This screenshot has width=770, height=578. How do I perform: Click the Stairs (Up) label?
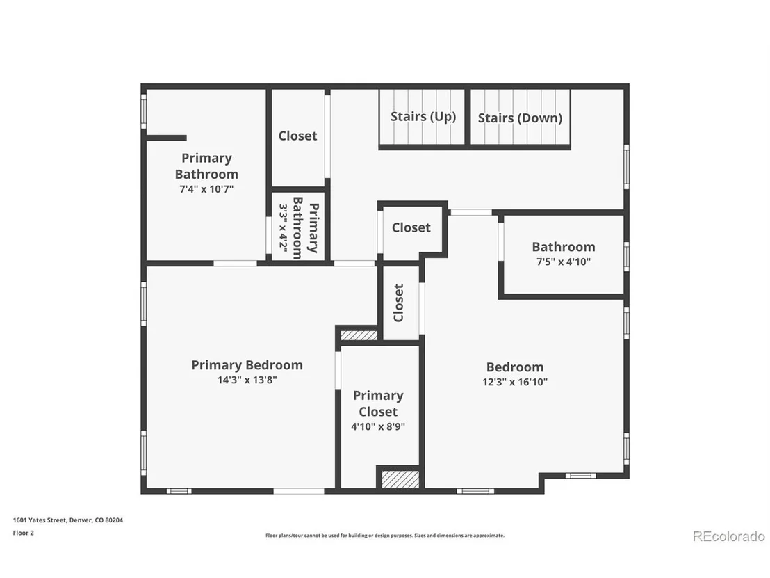tap(423, 117)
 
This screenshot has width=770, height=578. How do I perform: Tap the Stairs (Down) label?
tap(520, 118)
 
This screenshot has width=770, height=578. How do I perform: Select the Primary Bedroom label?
tap(247, 365)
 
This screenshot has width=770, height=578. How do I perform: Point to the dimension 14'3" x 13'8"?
tap(247, 380)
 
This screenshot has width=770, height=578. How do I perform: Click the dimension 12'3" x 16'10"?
tap(515, 382)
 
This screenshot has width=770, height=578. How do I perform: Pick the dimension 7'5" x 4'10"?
tap(564, 262)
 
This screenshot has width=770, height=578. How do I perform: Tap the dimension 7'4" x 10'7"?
tap(206, 188)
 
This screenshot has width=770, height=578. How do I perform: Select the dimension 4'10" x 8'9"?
tap(378, 426)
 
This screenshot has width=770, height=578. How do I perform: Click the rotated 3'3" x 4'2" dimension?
tap(284, 227)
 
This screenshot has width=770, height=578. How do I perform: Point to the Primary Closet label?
tap(378, 403)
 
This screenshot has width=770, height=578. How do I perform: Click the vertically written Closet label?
tap(399, 303)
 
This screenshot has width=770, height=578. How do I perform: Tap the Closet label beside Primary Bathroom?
tap(297, 136)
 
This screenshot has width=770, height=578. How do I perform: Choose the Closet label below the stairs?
tap(411, 227)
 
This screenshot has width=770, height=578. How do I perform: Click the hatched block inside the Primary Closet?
tap(400, 479)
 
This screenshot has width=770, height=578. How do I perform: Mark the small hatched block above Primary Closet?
tap(359, 335)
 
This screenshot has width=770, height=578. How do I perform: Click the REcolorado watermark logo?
tap(729, 536)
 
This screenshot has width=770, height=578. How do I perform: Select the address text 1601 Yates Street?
tap(40, 520)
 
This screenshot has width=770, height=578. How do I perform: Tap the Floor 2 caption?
tap(23, 533)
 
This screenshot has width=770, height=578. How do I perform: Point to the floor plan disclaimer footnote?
tap(385, 536)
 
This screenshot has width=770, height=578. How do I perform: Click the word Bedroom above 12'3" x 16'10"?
tap(515, 367)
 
